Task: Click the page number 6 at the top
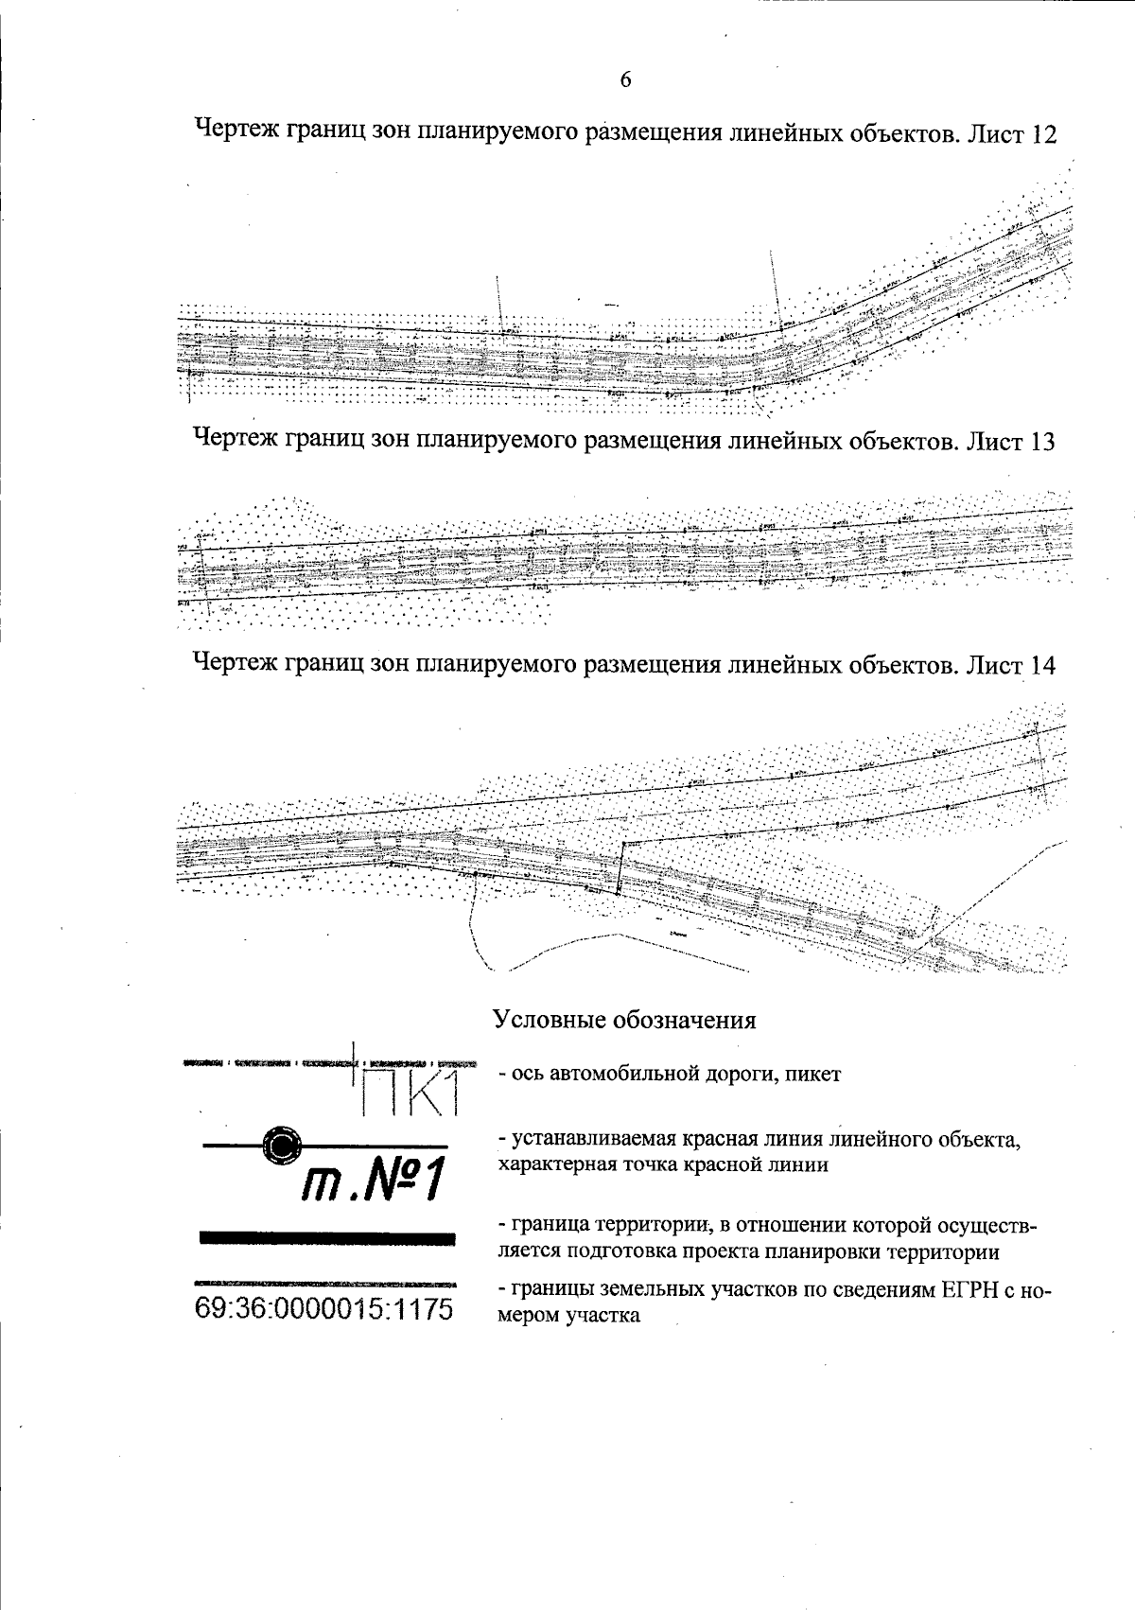625,80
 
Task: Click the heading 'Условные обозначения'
624,1020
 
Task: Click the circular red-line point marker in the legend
281,1146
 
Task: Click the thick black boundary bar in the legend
327,1237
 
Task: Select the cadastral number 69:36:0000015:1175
323,1308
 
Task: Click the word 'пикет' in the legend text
812,1075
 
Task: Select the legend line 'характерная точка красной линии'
663,1164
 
